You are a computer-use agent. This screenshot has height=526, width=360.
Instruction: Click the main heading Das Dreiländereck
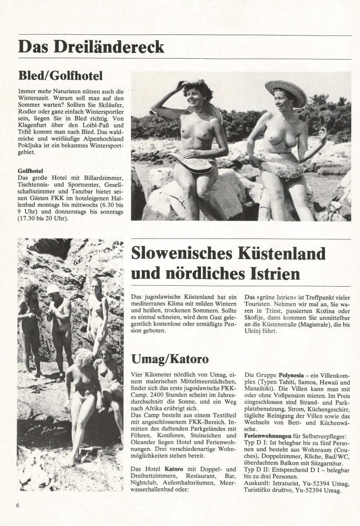coord(91,46)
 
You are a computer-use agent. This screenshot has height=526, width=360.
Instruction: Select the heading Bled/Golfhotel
coord(60,75)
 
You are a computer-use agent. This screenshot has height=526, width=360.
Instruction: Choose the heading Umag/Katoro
coord(170,359)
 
